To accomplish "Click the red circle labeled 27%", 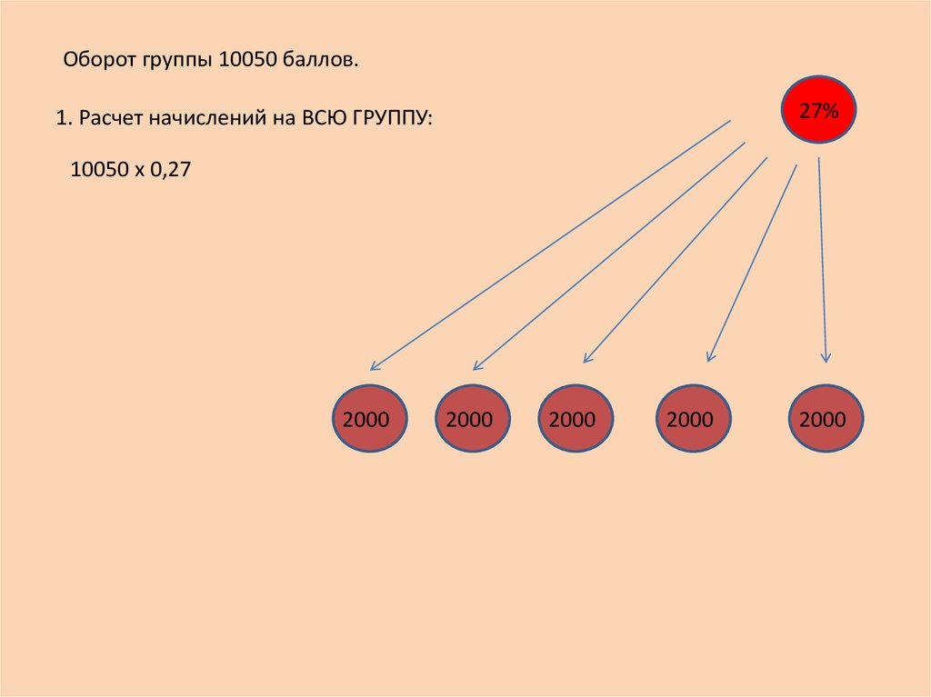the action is (x=818, y=110).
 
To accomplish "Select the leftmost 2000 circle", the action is (x=369, y=419).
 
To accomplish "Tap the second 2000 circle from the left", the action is (x=473, y=419).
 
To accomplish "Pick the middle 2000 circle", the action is (x=576, y=419).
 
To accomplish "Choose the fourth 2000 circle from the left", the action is (x=693, y=419).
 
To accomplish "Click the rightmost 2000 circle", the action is (x=826, y=419).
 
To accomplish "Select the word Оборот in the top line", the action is (x=100, y=59).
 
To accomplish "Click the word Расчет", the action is (x=110, y=118).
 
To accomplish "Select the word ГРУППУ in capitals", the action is (x=393, y=118).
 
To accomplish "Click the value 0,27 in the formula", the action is (x=170, y=169).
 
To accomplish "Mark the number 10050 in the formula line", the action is (x=100, y=169).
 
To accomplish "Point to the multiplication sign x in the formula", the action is (x=139, y=171).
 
